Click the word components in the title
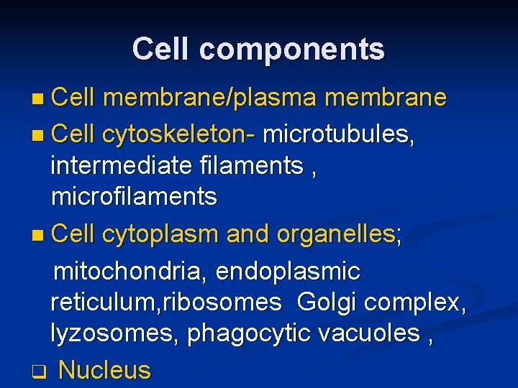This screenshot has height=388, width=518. pyautogui.click(x=292, y=50)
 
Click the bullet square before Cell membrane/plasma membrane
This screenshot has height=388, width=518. pyautogui.click(x=40, y=99)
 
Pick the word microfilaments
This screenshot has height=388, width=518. pyautogui.click(x=134, y=197)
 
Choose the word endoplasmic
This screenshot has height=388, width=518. pyautogui.click(x=287, y=272)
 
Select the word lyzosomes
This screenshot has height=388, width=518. pyautogui.click(x=115, y=334)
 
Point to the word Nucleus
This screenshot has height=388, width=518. pyautogui.click(x=104, y=370)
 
